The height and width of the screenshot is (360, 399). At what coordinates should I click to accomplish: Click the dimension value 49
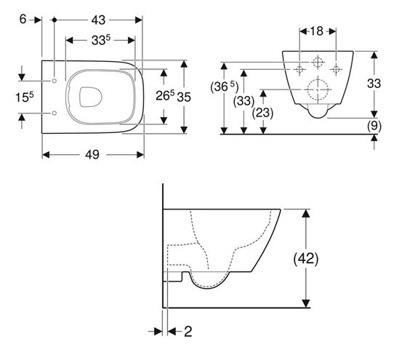(x=92, y=154)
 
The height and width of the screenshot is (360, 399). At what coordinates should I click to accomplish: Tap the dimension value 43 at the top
(x=98, y=20)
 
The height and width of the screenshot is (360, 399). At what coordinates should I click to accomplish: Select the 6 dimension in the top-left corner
(x=23, y=19)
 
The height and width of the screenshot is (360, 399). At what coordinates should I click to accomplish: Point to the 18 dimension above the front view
(x=317, y=31)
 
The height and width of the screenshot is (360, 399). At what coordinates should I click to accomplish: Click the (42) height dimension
(x=306, y=259)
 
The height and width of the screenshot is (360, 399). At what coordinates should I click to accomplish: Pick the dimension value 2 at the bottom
(x=188, y=331)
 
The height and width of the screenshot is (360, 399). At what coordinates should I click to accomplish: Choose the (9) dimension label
(x=374, y=126)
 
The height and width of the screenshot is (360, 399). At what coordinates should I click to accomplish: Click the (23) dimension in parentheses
(x=262, y=113)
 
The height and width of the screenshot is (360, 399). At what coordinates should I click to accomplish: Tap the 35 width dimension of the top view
(x=184, y=97)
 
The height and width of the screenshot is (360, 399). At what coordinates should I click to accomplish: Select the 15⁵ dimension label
(x=25, y=97)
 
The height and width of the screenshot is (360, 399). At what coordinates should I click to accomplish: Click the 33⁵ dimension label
(x=101, y=39)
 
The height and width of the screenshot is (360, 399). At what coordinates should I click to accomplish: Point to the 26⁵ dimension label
(x=165, y=95)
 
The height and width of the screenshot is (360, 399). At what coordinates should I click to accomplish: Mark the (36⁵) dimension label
(x=225, y=87)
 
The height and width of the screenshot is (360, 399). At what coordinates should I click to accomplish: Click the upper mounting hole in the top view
(x=55, y=81)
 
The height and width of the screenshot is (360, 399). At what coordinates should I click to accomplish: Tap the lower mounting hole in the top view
(x=55, y=113)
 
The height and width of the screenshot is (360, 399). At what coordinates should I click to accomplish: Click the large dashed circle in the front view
(x=318, y=89)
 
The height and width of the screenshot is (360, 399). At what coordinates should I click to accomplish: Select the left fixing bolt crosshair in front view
(x=299, y=69)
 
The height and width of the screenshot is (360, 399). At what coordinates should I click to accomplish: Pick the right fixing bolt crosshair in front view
(x=336, y=69)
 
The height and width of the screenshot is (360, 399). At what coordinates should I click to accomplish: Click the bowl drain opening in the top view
(x=91, y=97)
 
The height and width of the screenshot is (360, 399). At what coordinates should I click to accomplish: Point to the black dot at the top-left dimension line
(x=55, y=20)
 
